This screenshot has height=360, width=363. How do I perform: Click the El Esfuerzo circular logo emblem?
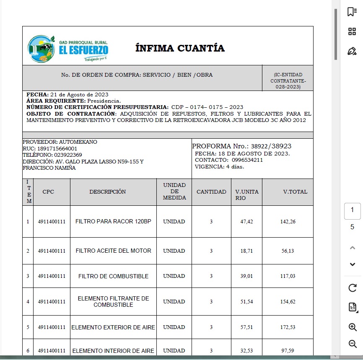pos(41,49)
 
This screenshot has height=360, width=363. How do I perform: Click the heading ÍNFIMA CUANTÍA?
pos(180,48)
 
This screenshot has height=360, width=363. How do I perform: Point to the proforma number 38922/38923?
pos(271,146)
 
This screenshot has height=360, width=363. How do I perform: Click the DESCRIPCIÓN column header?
pos(107,192)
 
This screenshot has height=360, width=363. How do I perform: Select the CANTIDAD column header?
pos(211,192)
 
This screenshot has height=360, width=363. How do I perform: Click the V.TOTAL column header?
pos(295,192)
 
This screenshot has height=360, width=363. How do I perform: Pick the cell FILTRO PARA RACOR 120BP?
pos(113,221)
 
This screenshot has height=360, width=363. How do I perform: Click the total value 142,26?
pos(288,222)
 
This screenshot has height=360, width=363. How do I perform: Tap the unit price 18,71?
pos(246,251)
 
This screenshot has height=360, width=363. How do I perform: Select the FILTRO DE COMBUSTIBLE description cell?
pos(113,276)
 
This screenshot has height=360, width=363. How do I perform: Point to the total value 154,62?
pos(288,302)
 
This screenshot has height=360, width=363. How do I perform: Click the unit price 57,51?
pos(246,327)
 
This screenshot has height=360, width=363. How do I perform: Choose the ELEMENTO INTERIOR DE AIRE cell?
pos(113,351)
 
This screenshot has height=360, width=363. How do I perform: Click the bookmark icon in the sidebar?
pos(352,12)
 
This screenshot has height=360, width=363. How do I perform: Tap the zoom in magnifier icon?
pos(353,327)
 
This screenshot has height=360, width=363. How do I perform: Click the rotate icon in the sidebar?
pos(353,288)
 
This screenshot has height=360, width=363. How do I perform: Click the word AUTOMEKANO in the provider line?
pos(78,142)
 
